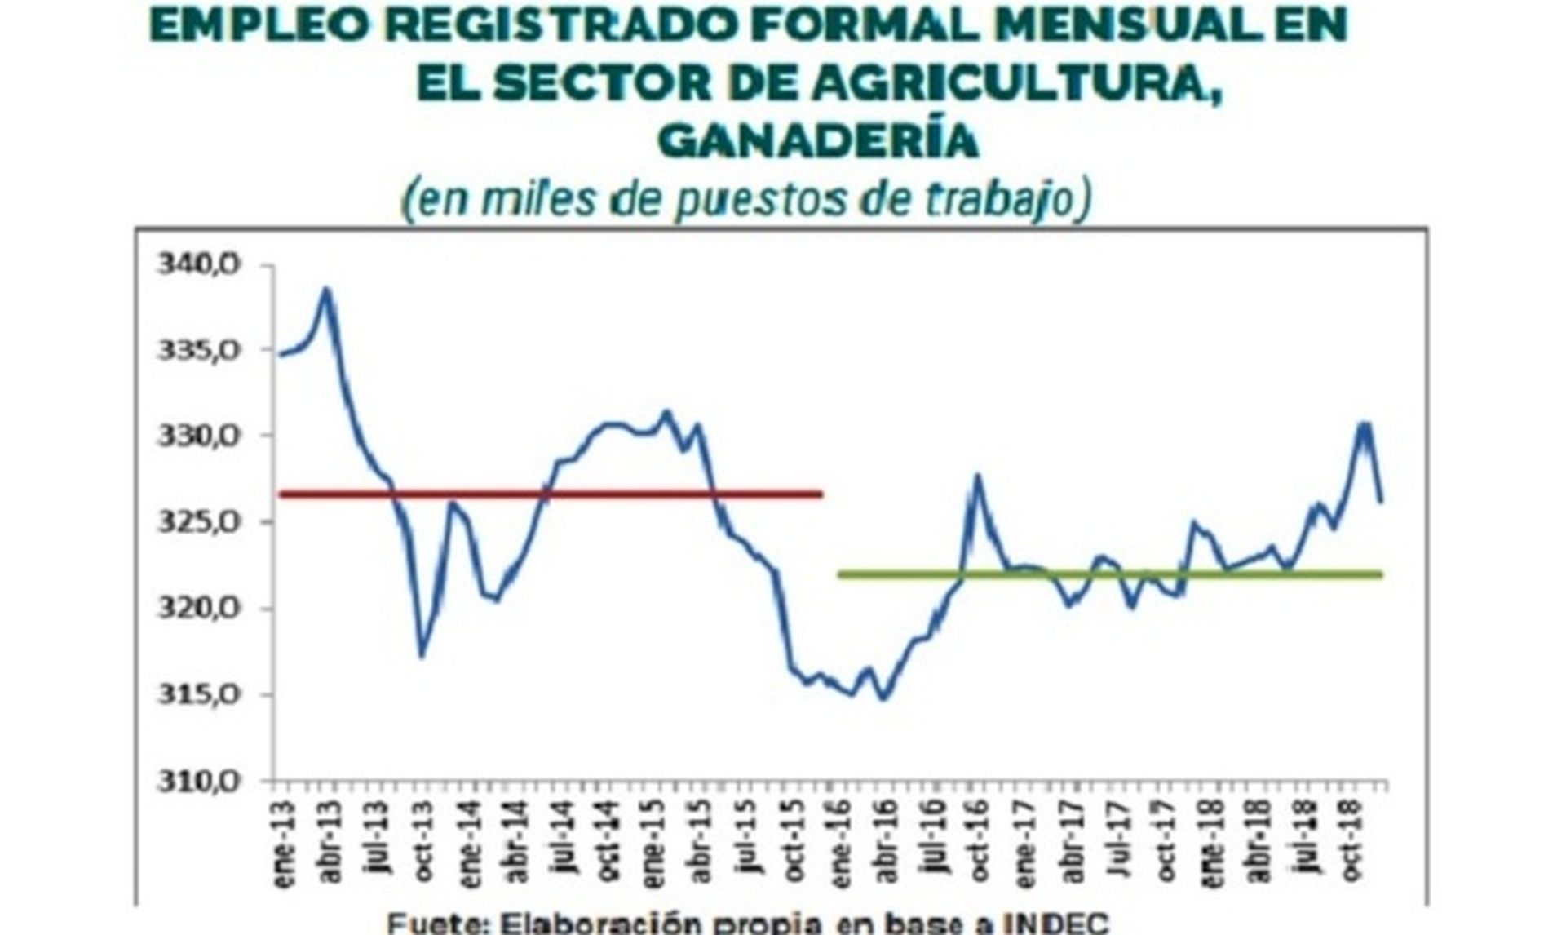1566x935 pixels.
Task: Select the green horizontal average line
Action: pos(1109,574)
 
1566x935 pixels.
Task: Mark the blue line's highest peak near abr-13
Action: pos(325,289)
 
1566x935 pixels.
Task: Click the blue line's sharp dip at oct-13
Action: pos(421,655)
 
